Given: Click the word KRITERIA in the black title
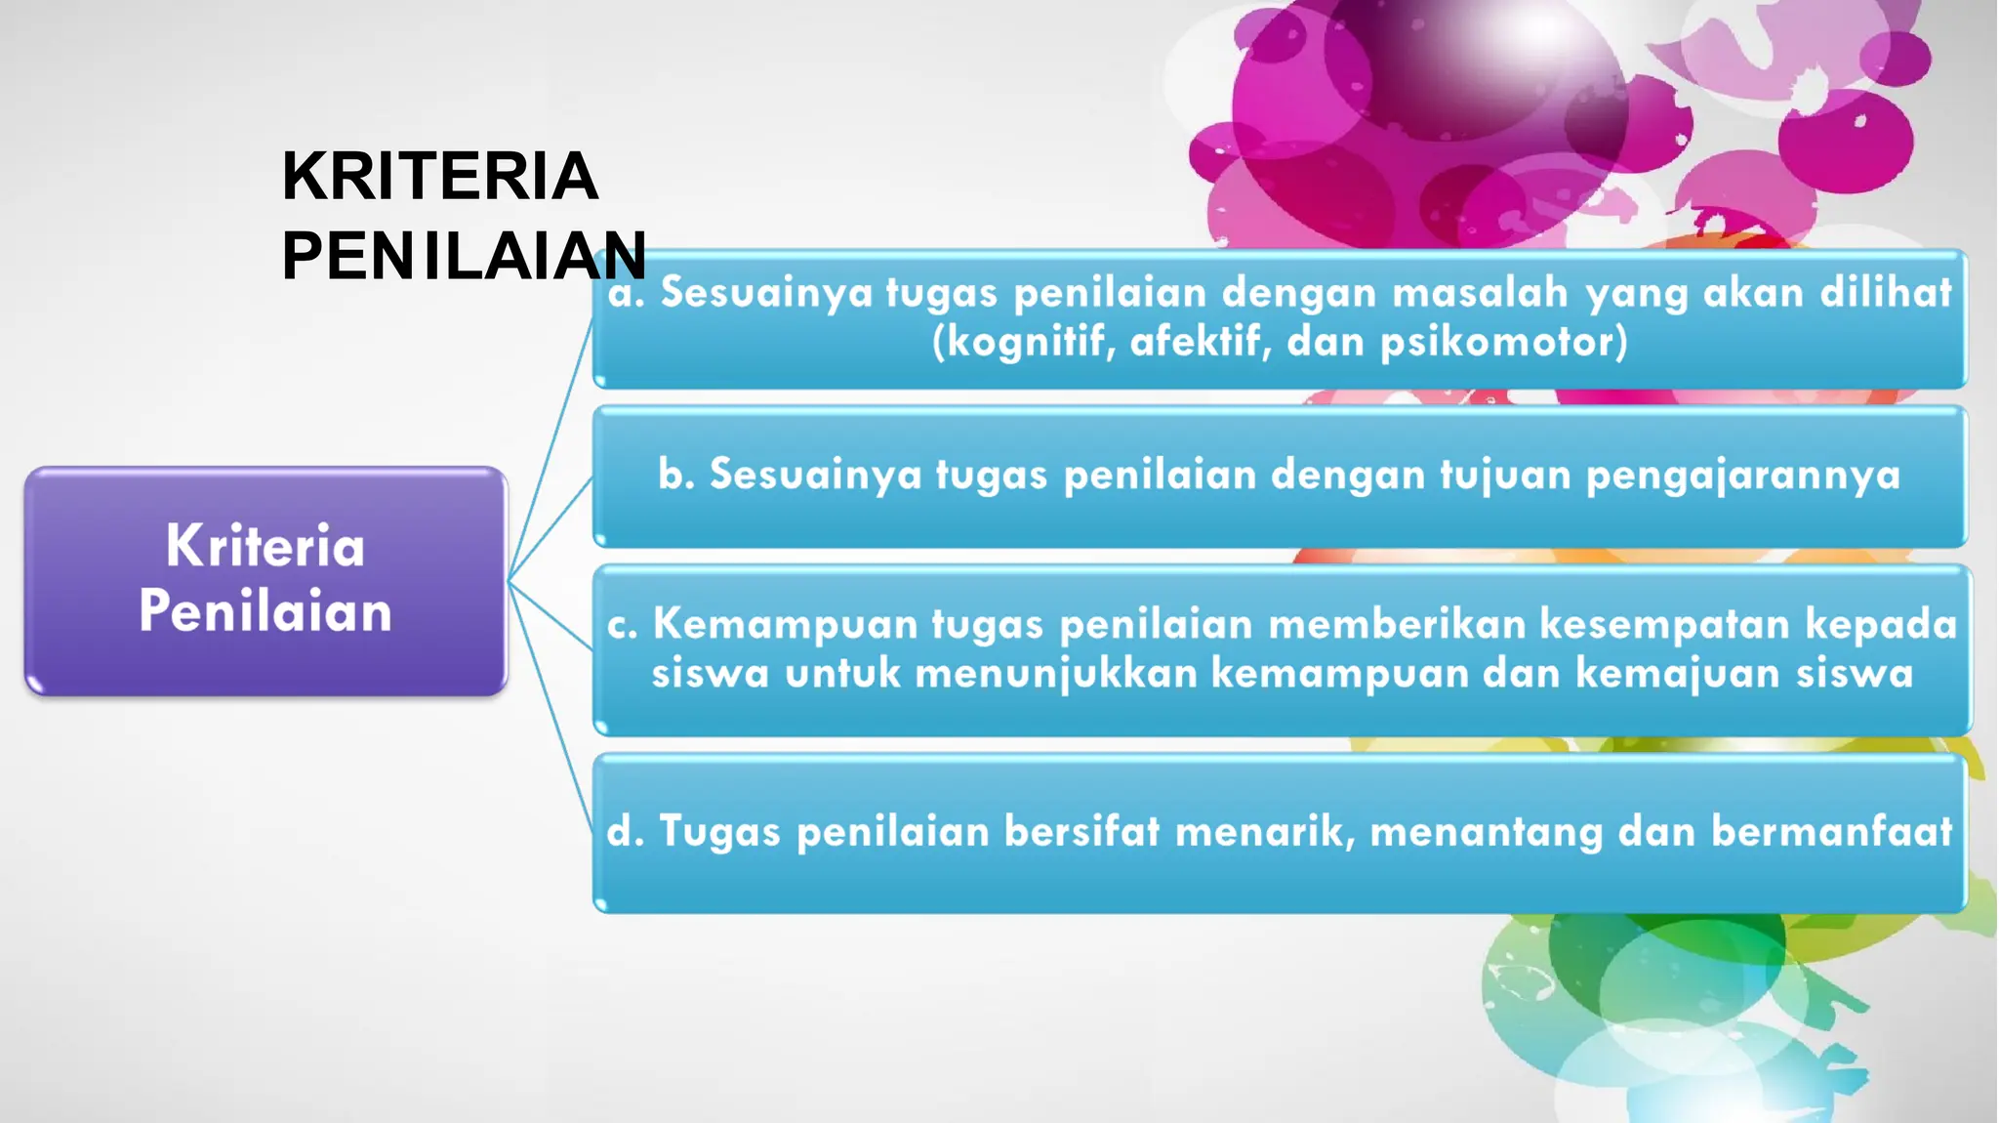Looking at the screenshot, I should click(439, 177).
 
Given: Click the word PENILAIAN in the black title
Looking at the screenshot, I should click(464, 256).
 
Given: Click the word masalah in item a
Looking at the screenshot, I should click(1481, 292).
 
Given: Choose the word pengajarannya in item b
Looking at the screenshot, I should click(1743, 476).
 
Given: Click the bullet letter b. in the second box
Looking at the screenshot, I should click(675, 475).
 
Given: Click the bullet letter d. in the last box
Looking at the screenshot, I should click(626, 832).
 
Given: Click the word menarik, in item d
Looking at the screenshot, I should click(1265, 832).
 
